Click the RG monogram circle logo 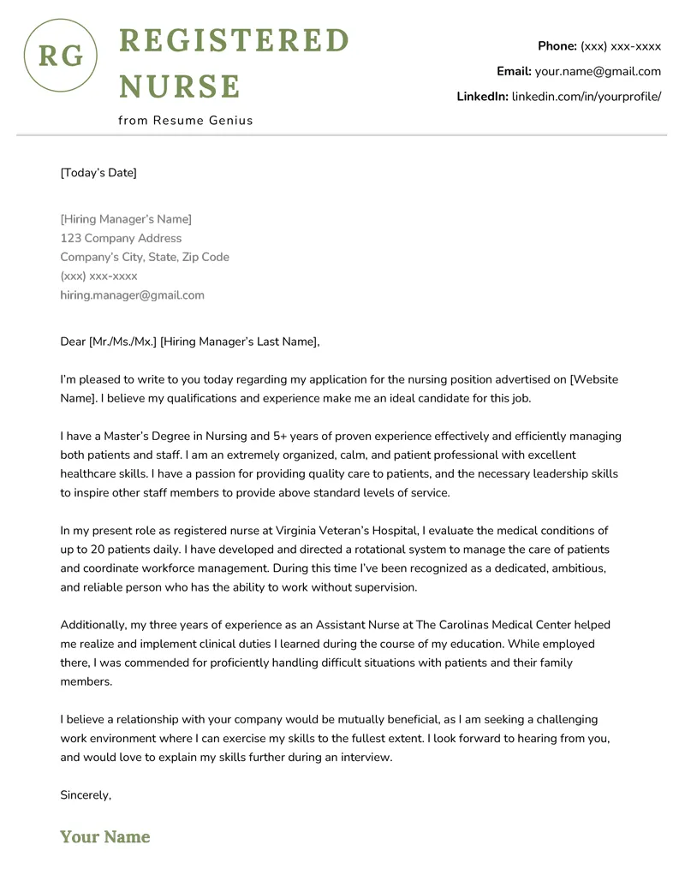click(61, 56)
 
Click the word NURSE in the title click(180, 86)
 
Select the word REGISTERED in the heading click(234, 40)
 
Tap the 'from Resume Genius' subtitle click(186, 121)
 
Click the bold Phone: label click(557, 46)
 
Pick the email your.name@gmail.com click(598, 72)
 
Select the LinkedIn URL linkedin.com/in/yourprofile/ click(587, 97)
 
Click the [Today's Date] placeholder click(98, 173)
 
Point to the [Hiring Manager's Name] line click(126, 219)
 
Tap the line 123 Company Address click(121, 238)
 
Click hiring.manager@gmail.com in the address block click(132, 295)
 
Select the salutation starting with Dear click(189, 342)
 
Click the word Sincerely click(85, 795)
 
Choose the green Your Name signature click(104, 837)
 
